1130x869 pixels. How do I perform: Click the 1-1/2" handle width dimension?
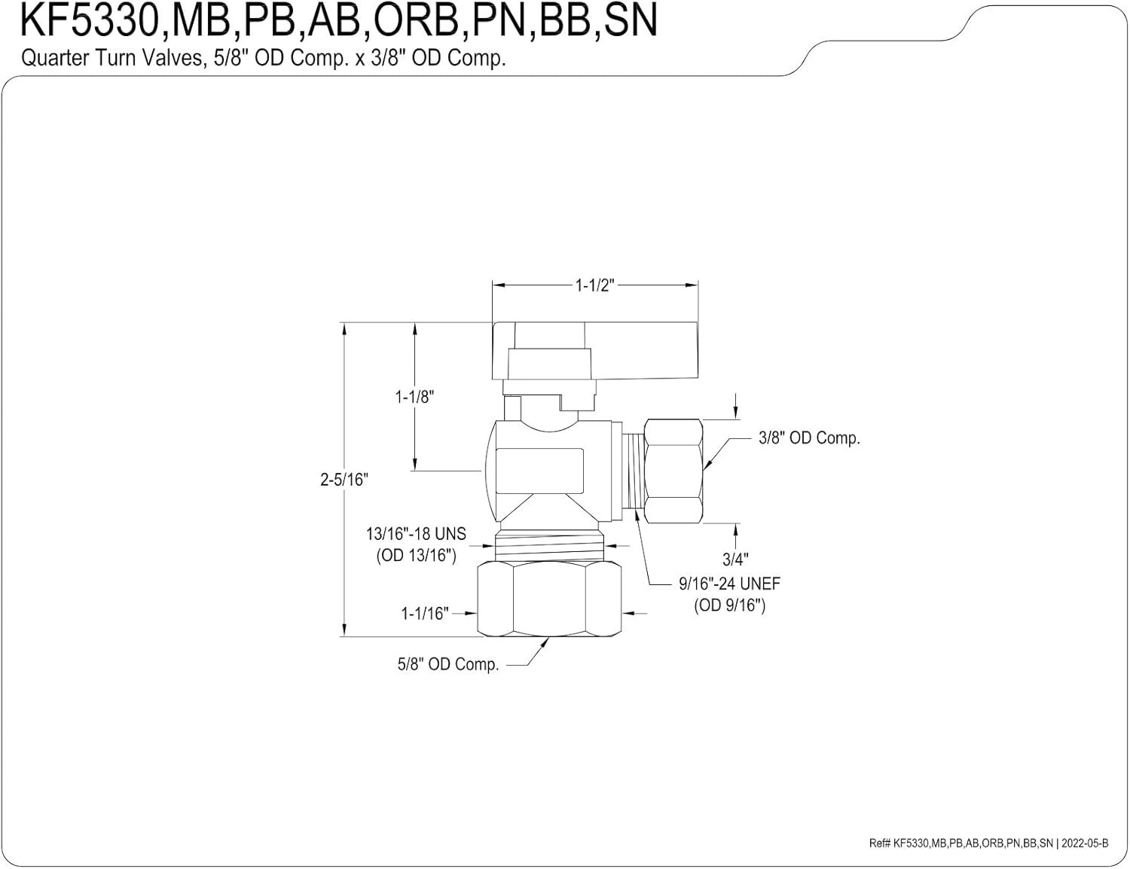coord(594,285)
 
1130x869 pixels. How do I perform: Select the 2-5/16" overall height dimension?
coord(344,480)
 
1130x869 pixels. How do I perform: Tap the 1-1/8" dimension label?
coord(414,397)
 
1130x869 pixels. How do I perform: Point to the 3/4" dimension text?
coord(735,560)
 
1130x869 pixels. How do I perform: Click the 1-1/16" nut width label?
coord(424,614)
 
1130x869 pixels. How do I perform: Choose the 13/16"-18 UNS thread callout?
coord(416,534)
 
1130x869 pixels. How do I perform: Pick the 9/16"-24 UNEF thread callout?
coord(729,584)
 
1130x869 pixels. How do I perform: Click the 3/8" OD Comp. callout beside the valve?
coord(809,438)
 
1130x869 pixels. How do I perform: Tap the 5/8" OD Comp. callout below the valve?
coord(448,664)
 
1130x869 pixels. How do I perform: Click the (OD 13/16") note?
coord(416,556)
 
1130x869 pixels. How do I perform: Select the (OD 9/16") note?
coord(729,605)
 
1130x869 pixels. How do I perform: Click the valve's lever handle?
coord(595,351)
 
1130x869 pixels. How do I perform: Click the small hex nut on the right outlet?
coord(673,471)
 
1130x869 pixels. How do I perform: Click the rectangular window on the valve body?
coord(539,471)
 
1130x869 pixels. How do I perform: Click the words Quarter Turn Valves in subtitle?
coord(111,58)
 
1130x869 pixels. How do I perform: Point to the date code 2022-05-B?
coord(1085,843)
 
